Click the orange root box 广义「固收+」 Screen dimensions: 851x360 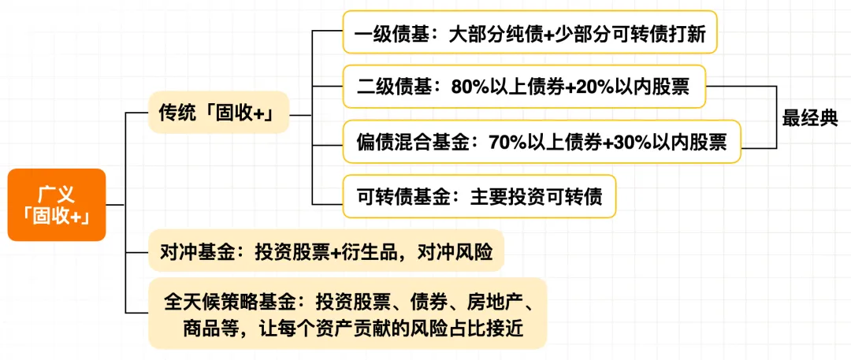coord(57,205)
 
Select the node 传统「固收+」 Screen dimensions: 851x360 coord(219,113)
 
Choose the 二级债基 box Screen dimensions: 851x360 coord(524,87)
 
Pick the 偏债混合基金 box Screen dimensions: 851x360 coord(541,142)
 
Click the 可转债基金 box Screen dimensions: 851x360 coord(479,197)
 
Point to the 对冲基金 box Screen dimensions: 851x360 coord(326,251)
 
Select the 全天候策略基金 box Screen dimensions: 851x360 coord(347,314)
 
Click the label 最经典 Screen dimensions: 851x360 coord(810,118)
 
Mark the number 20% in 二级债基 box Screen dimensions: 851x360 coord(594,87)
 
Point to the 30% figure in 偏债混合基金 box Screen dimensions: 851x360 coord(632,143)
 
